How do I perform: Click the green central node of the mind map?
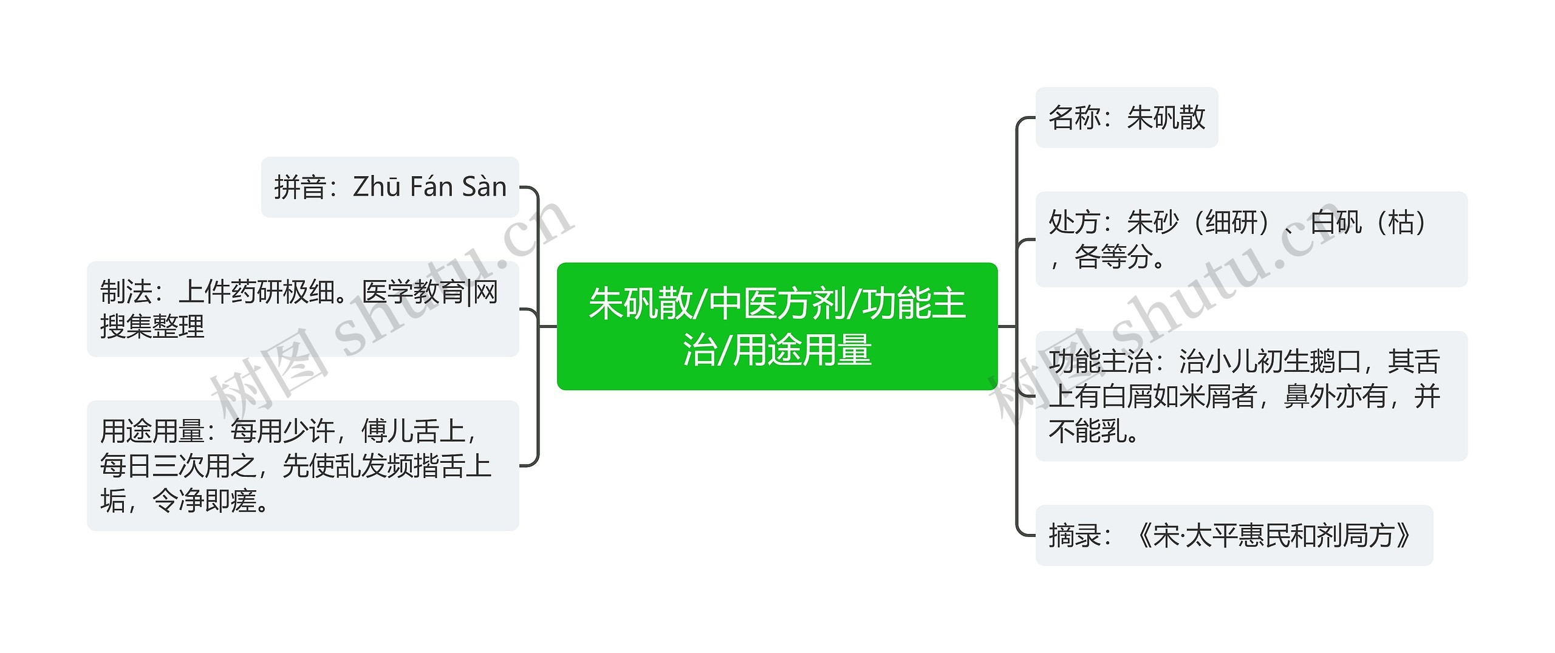tap(777, 326)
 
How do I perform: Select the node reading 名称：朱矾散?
tap(1126, 118)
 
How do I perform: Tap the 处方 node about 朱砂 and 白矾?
tap(1251, 239)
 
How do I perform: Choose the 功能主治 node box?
tap(1251, 396)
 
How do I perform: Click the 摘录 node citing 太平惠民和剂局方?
tap(1234, 536)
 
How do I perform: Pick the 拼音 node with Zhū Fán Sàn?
tap(390, 187)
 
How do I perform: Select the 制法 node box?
tap(302, 309)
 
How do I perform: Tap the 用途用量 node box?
tap(302, 466)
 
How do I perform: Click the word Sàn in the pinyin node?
tap(484, 187)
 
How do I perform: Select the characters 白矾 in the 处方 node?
tap(1335, 222)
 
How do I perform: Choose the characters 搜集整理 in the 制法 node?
tap(152, 327)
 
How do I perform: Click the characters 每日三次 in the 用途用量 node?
tap(152, 467)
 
